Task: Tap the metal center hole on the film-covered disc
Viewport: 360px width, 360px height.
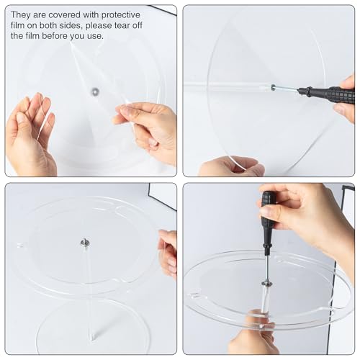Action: (x=94, y=91)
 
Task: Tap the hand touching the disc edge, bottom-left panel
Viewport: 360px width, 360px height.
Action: (x=168, y=252)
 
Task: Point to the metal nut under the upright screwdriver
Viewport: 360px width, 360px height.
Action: (x=266, y=283)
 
